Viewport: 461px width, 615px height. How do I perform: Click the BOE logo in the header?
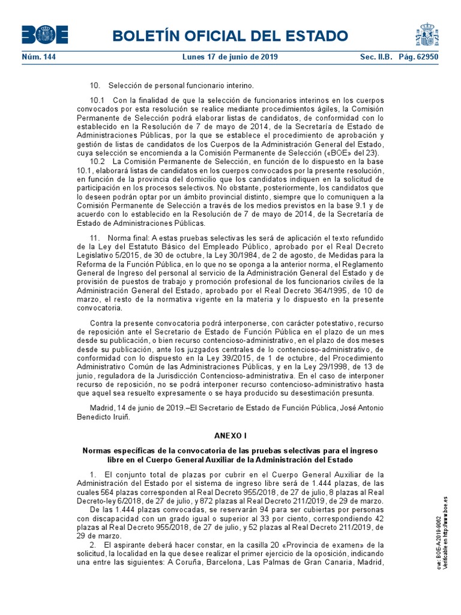45,35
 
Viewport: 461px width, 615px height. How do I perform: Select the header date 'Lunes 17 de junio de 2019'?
230,56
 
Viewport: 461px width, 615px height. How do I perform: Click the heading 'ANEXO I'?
230,434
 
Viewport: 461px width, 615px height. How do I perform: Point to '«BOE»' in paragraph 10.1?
321,153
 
